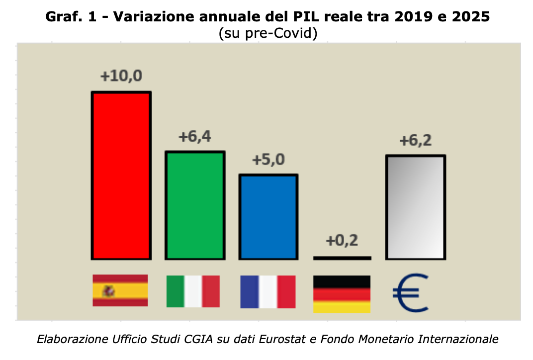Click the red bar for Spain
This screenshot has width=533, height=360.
121,175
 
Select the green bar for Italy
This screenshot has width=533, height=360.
195,205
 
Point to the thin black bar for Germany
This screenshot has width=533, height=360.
342,258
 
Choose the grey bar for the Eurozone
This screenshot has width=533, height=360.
416,207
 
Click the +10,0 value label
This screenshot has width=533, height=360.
121,77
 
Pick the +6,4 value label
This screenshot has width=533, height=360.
195,136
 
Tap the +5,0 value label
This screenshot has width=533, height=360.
268,160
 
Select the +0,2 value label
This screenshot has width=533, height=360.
342,241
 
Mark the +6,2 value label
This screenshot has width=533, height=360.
416,141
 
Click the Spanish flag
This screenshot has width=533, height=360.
120,290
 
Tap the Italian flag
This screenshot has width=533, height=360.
193,291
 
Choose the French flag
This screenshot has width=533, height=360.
268,292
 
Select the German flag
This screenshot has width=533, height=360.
342,294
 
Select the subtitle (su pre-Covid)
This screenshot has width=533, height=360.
267,34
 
